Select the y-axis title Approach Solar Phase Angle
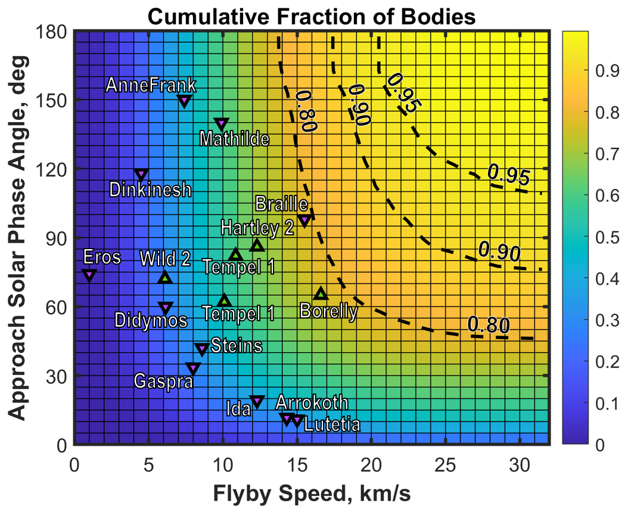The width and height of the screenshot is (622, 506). (x=19, y=237)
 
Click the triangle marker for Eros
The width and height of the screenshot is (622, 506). (x=89, y=275)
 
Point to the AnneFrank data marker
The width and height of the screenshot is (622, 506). (x=185, y=101)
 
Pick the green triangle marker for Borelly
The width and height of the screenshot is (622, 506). (x=321, y=293)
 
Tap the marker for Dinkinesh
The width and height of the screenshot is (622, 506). (x=141, y=175)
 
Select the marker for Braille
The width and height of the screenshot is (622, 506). (x=304, y=221)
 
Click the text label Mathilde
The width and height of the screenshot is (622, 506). (x=234, y=139)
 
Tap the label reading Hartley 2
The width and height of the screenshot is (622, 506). (x=257, y=228)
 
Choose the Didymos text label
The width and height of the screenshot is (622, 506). (x=151, y=321)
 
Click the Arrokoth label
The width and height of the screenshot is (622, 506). (x=312, y=403)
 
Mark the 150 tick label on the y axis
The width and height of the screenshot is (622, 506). (x=52, y=100)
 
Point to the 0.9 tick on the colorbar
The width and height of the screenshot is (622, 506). (x=605, y=72)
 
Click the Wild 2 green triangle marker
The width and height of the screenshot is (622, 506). (x=166, y=277)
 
